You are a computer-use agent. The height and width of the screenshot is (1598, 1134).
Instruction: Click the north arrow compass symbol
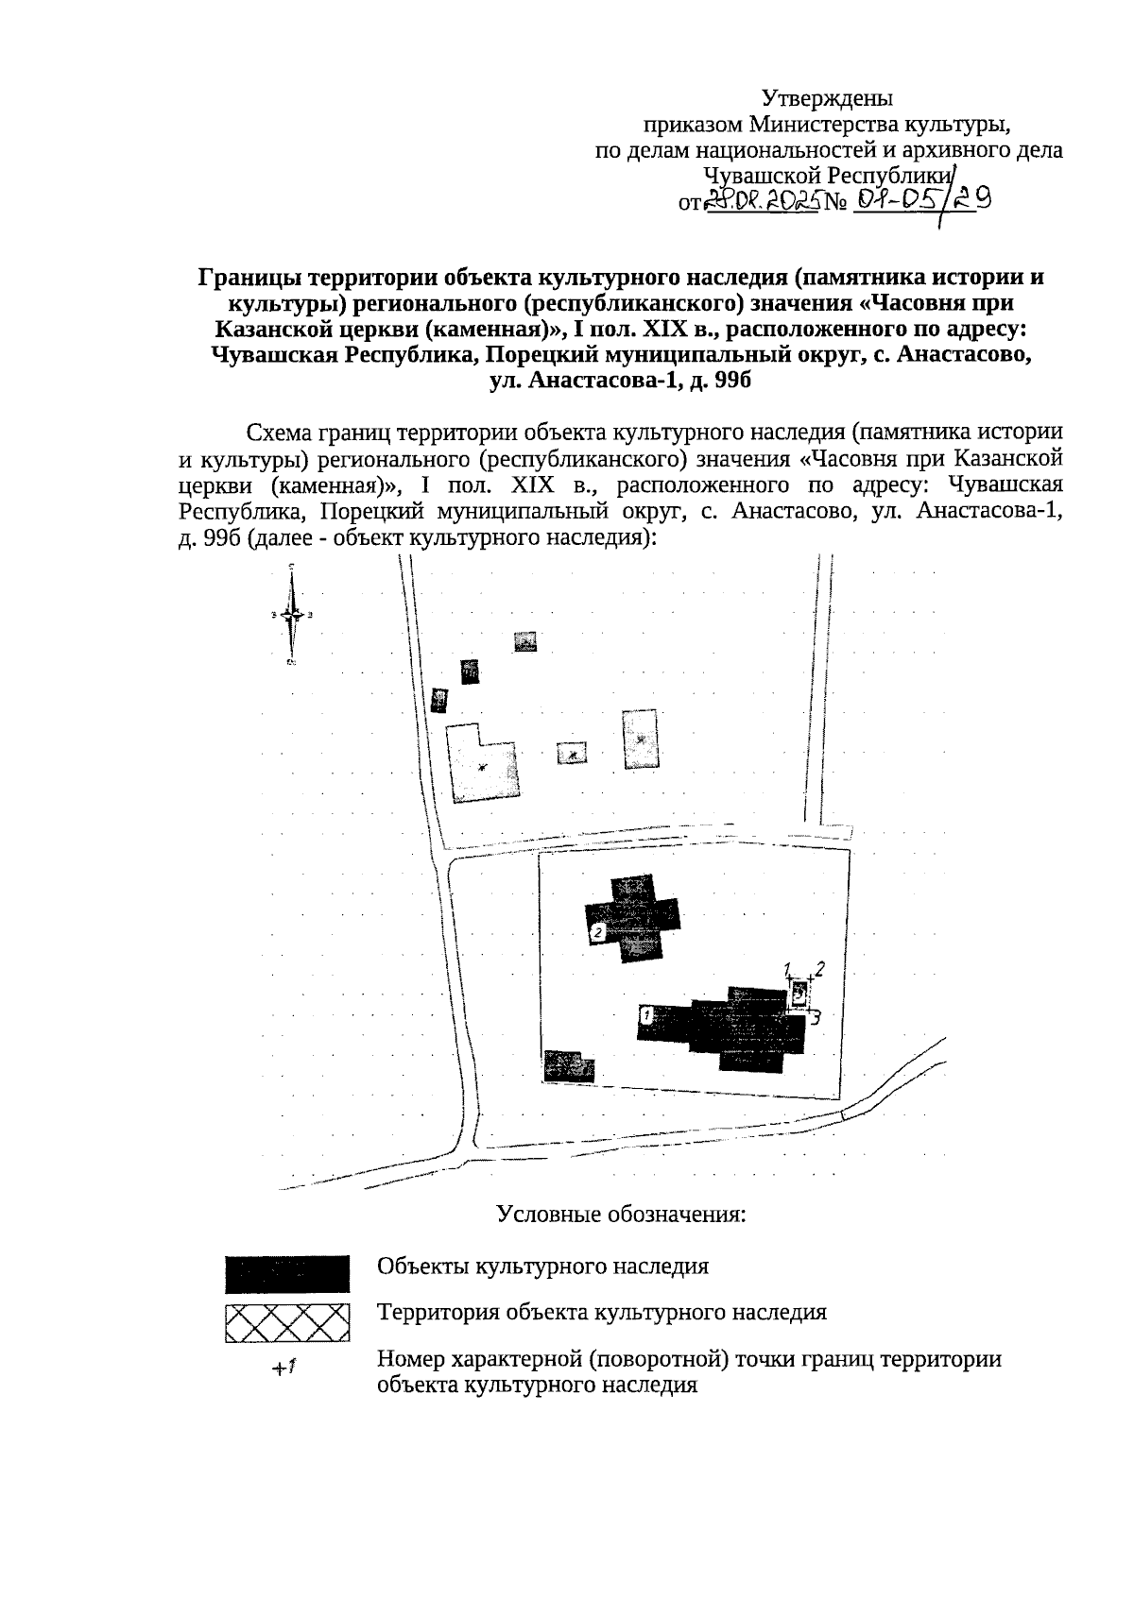[x=292, y=615]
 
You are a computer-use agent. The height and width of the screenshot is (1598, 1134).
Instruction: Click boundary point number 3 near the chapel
[x=814, y=1018]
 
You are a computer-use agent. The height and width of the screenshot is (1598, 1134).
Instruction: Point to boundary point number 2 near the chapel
[x=820, y=968]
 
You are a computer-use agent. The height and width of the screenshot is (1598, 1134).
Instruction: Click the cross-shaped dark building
[x=632, y=918]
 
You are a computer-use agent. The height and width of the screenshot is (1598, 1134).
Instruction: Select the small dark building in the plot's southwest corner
[x=570, y=1064]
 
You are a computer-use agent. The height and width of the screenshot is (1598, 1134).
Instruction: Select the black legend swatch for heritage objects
[x=287, y=1274]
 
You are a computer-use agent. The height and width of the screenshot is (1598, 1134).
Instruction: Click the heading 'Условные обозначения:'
[x=622, y=1214]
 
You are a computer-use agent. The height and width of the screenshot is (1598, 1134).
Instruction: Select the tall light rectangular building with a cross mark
[x=641, y=739]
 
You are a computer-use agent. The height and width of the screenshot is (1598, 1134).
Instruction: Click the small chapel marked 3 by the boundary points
[x=799, y=994]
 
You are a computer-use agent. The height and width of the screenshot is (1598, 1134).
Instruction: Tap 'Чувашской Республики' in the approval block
[x=827, y=176]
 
